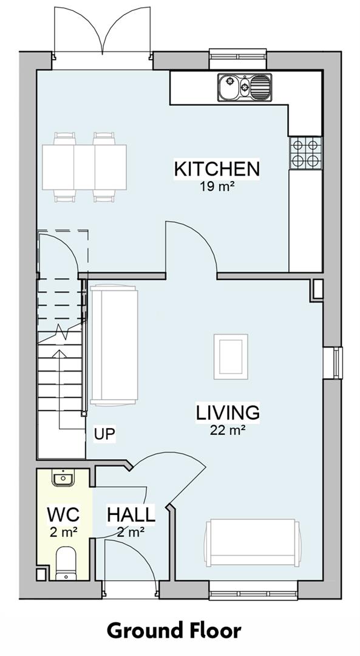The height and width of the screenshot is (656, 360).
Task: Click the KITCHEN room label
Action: [x=217, y=169]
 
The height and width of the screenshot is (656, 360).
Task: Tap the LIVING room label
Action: [x=228, y=412]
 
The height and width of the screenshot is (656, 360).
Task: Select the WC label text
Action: [x=63, y=516]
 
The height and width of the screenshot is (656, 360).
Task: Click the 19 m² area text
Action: [x=217, y=186]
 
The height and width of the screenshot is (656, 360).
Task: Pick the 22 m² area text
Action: [x=228, y=430]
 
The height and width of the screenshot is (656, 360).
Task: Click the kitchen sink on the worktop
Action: [x=245, y=87]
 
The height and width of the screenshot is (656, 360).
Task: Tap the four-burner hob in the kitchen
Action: [x=305, y=152]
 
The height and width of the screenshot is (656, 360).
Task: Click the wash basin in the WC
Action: [x=64, y=479]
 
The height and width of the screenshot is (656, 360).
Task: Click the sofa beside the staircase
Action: [x=114, y=346]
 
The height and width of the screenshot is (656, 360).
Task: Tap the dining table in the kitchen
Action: [x=84, y=167]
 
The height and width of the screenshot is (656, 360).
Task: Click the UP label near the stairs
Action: [x=104, y=434]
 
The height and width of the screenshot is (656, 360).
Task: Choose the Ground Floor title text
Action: [x=174, y=630]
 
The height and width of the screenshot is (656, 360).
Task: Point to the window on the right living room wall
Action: [x=333, y=363]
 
